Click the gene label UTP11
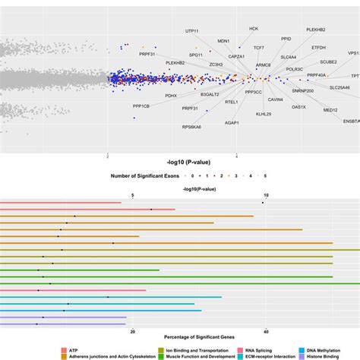pyautogui.click(x=194, y=31)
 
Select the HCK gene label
pyautogui.click(x=253, y=28)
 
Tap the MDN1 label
pyautogui.click(x=223, y=41)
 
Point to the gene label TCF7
pyautogui.click(x=259, y=47)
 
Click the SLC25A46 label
pyautogui.click(x=339, y=88)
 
